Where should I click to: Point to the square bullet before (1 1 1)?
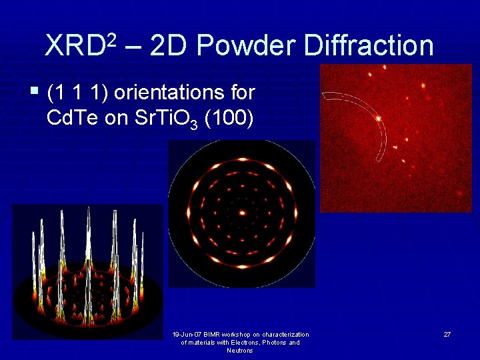click(x=34, y=90)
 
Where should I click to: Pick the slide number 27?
click(x=447, y=333)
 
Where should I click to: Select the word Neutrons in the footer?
click(x=240, y=351)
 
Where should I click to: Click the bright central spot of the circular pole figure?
click(x=242, y=213)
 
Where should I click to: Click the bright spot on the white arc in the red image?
click(x=379, y=119)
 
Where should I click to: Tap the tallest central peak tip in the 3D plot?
click(x=89, y=212)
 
